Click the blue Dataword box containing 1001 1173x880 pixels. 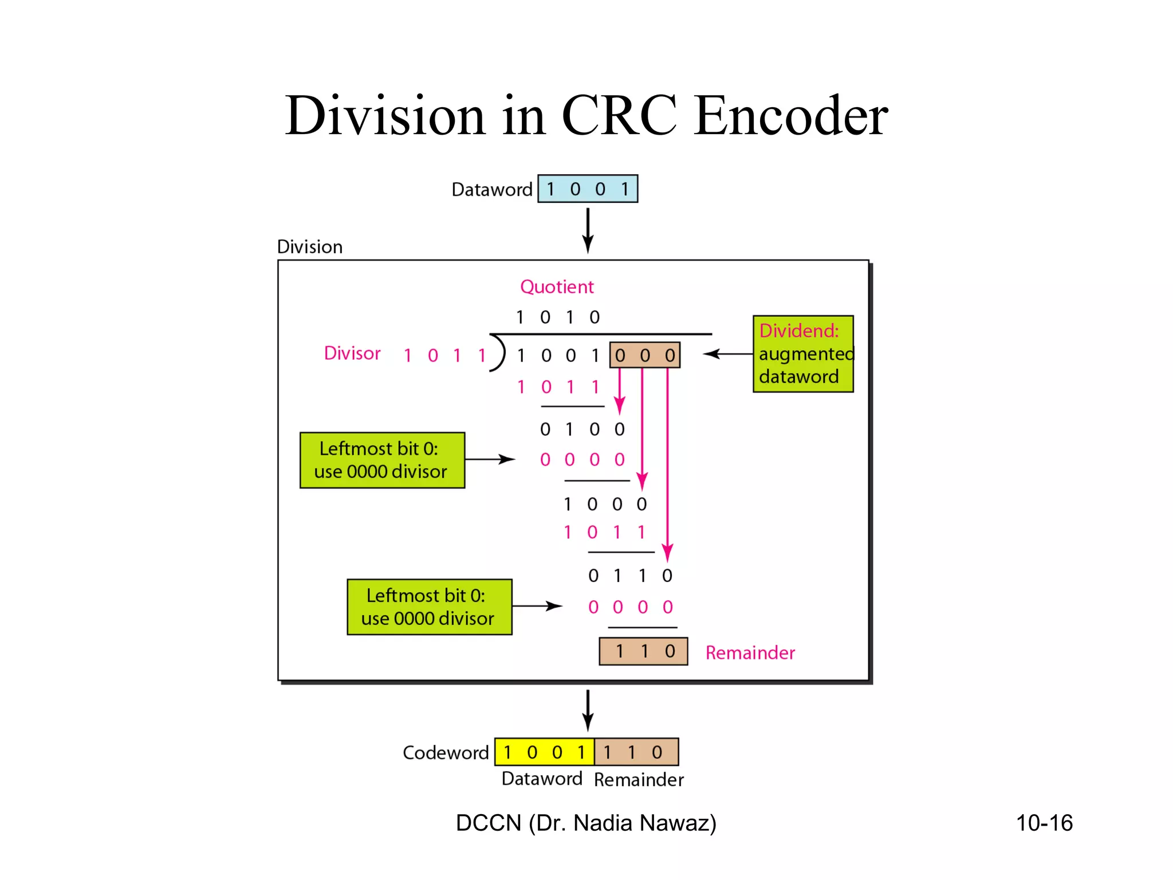pyautogui.click(x=587, y=189)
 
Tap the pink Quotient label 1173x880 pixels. pyautogui.click(x=557, y=286)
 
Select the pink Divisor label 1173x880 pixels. pyautogui.click(x=352, y=353)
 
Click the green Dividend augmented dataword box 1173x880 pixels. pyautogui.click(x=802, y=354)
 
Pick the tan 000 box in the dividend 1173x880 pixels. pyautogui.click(x=644, y=355)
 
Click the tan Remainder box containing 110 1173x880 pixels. pyautogui.click(x=643, y=651)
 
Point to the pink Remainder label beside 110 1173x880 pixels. pyautogui.click(x=750, y=653)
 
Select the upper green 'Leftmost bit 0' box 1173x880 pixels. pyautogui.click(x=382, y=460)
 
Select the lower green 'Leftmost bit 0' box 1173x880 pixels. pyautogui.click(x=429, y=607)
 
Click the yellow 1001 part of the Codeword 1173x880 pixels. pyautogui.click(x=544, y=752)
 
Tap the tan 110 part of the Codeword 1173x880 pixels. pyautogui.click(x=636, y=752)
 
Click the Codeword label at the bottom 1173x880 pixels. pyautogui.click(x=446, y=753)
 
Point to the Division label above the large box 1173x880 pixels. pyautogui.click(x=310, y=247)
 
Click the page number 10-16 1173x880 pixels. pyautogui.click(x=1044, y=823)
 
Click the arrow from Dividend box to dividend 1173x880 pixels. pyautogui.click(x=727, y=354)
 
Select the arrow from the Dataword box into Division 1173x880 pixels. pyautogui.click(x=588, y=230)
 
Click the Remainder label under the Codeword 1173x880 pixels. pyautogui.click(x=639, y=780)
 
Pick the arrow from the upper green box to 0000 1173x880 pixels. pyautogui.click(x=490, y=459)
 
